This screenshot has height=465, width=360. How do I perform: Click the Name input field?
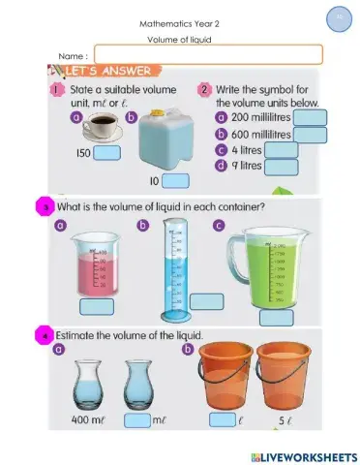[x=208, y=54]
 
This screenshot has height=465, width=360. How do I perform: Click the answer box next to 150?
[x=106, y=152]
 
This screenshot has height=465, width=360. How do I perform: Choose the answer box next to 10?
[x=175, y=180]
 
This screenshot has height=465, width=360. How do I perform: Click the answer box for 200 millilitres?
[x=310, y=118]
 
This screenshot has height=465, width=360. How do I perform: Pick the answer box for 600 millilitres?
[x=310, y=135]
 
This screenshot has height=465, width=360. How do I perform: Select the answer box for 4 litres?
[x=281, y=150]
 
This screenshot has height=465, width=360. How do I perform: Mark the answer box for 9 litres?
[x=281, y=167]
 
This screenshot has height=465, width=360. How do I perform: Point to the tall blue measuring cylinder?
[x=172, y=269]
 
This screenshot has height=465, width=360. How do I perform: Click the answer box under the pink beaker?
[x=97, y=307]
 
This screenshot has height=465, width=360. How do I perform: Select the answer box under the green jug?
[x=277, y=317]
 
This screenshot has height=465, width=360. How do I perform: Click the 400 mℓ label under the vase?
[x=90, y=420]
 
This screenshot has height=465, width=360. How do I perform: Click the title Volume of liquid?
[x=179, y=40]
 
